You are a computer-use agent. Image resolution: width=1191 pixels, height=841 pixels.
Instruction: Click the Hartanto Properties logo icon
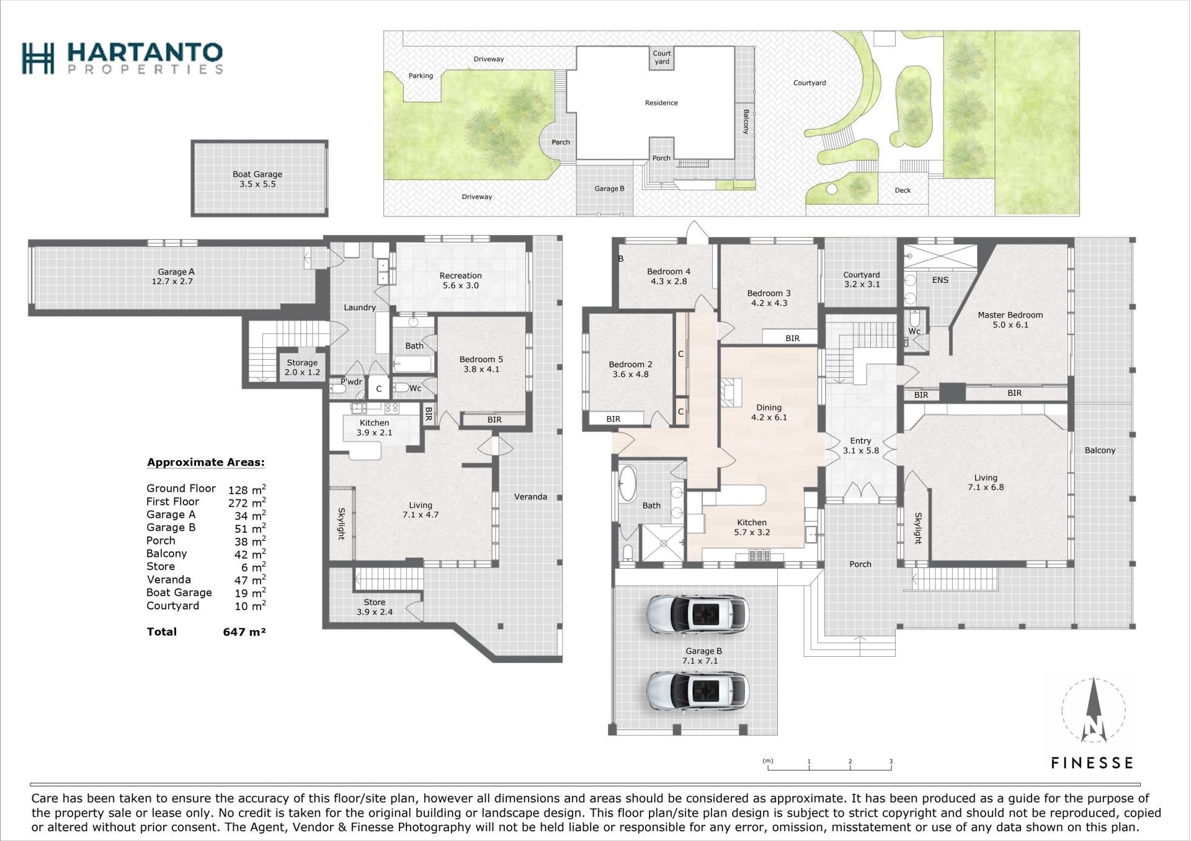pyautogui.click(x=38, y=58)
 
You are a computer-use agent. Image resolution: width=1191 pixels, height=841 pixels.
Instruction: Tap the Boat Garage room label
pyautogui.click(x=257, y=179)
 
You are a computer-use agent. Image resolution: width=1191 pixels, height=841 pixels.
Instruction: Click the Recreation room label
pyautogui.click(x=460, y=280)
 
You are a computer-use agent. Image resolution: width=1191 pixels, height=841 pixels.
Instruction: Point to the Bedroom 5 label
pyautogui.click(x=481, y=364)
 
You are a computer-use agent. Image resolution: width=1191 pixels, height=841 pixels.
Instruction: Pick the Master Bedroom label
pyautogui.click(x=1010, y=319)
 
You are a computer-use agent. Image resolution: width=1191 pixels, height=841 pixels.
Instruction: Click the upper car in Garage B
pyautogui.click(x=697, y=614)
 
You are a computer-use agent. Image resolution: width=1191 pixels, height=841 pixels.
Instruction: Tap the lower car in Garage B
pyautogui.click(x=697, y=691)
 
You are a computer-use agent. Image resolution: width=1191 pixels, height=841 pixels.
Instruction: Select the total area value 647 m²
pyautogui.click(x=244, y=632)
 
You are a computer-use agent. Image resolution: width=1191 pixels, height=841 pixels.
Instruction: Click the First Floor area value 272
pyautogui.click(x=238, y=503)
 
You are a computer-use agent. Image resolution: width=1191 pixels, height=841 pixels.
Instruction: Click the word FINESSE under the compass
pyautogui.click(x=1092, y=762)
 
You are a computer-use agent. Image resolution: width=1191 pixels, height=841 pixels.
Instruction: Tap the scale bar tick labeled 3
pyautogui.click(x=891, y=762)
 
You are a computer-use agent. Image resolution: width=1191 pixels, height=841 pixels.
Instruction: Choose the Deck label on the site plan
pyautogui.click(x=903, y=190)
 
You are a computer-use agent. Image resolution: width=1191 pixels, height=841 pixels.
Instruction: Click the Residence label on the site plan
pyautogui.click(x=661, y=103)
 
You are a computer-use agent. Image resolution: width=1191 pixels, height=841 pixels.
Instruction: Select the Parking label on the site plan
pyautogui.click(x=421, y=76)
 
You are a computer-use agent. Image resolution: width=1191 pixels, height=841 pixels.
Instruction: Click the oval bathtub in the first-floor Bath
pyautogui.click(x=627, y=484)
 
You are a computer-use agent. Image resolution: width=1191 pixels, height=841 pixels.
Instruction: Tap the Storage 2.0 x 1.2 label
pyautogui.click(x=302, y=367)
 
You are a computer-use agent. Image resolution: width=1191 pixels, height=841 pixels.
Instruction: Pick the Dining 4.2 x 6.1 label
pyautogui.click(x=769, y=412)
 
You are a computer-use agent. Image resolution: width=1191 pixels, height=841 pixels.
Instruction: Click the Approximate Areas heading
pyautogui.click(x=205, y=462)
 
